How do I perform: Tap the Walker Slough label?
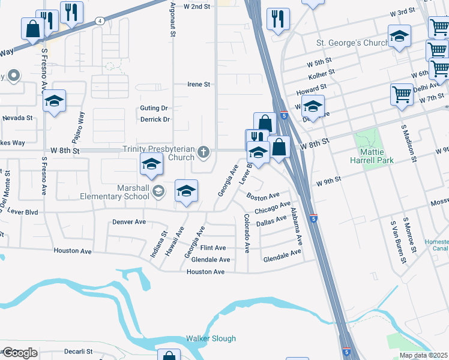click(211, 338)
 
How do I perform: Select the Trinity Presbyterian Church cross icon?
click(204, 152)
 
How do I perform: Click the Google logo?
click(19, 353)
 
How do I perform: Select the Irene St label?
click(199, 85)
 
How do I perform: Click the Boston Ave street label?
click(263, 196)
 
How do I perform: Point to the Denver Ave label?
click(129, 222)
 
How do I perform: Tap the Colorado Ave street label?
click(246, 233)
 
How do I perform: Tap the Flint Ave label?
click(213, 248)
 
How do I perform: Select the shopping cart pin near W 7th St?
click(402, 94)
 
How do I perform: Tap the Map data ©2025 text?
click(423, 355)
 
